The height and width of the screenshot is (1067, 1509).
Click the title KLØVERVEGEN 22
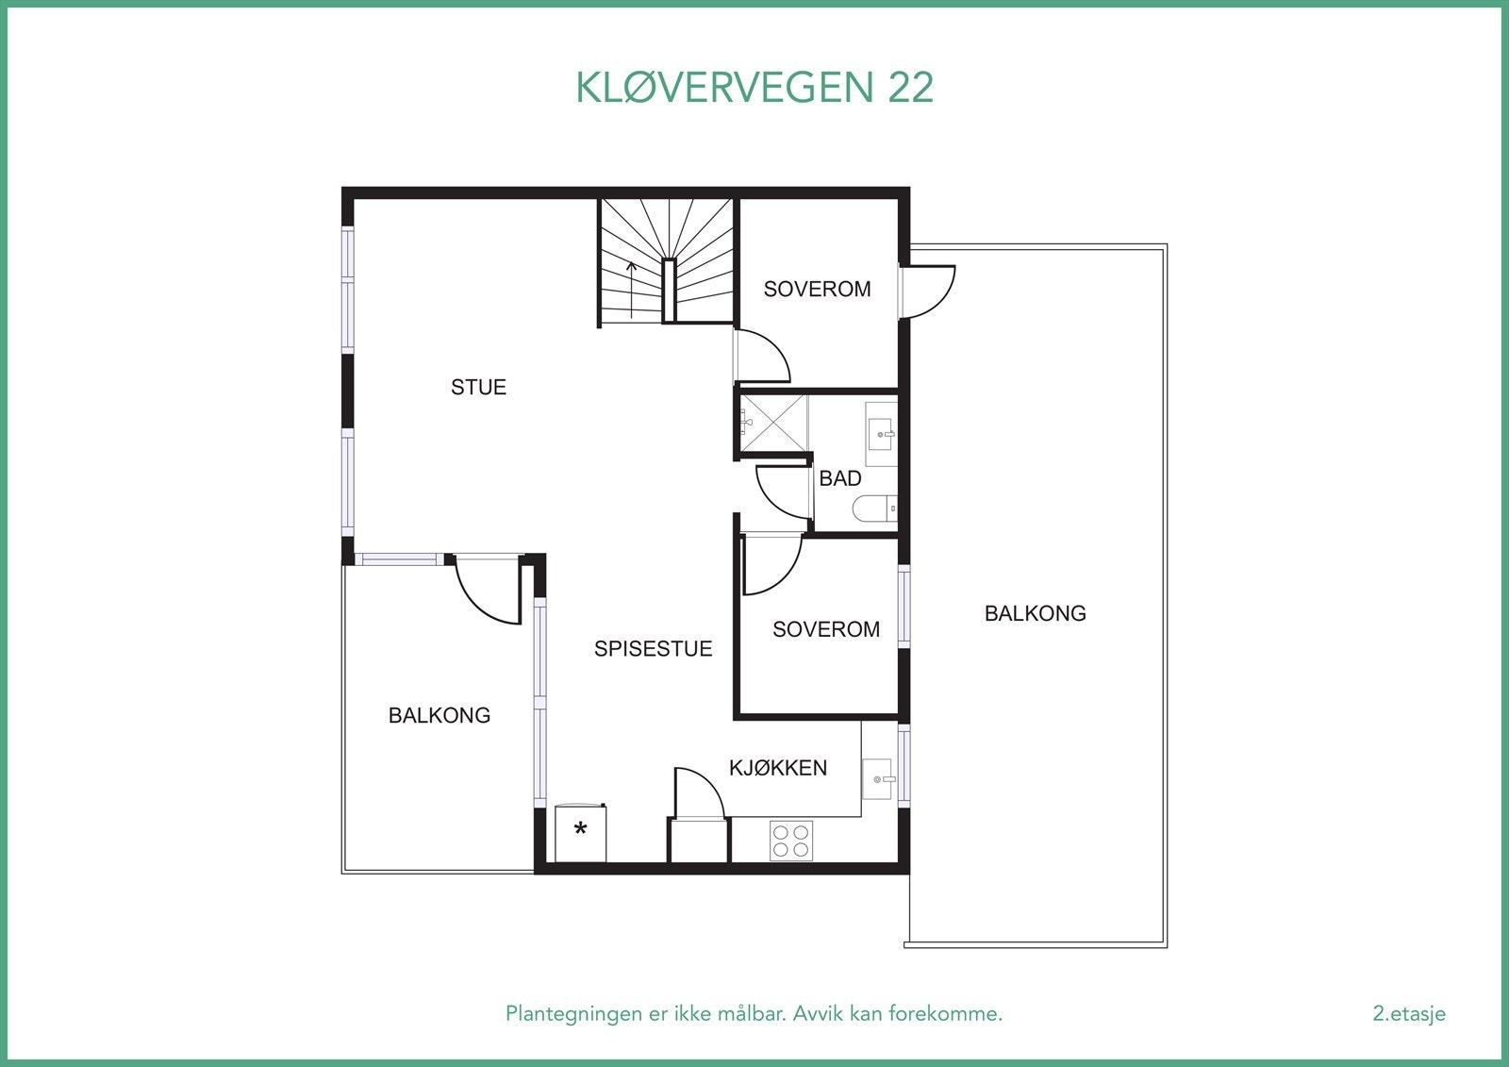tap(754, 88)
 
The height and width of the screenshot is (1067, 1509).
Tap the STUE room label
tap(478, 387)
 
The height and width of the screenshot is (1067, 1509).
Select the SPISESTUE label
tap(653, 648)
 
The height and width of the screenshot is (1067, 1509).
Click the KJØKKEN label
tap(778, 768)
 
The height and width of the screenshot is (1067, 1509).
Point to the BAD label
tap(839, 478)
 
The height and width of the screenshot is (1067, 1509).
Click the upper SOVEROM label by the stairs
tap(817, 289)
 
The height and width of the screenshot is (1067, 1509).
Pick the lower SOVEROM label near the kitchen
tap(825, 629)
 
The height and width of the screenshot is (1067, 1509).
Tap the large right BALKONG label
tap(1035, 613)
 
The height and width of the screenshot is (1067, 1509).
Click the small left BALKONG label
tap(439, 715)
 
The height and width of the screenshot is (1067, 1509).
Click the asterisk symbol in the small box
tap(581, 830)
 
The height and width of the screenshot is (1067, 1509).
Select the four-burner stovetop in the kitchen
tap(790, 841)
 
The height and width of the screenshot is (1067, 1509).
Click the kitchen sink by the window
tap(878, 779)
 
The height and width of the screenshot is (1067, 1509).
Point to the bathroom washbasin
tap(882, 434)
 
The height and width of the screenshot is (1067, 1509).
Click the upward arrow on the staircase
tap(631, 289)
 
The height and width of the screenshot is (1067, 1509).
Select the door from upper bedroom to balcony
tap(929, 291)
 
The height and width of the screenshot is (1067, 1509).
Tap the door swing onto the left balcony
tap(489, 592)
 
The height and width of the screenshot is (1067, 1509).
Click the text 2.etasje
tap(1408, 1014)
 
